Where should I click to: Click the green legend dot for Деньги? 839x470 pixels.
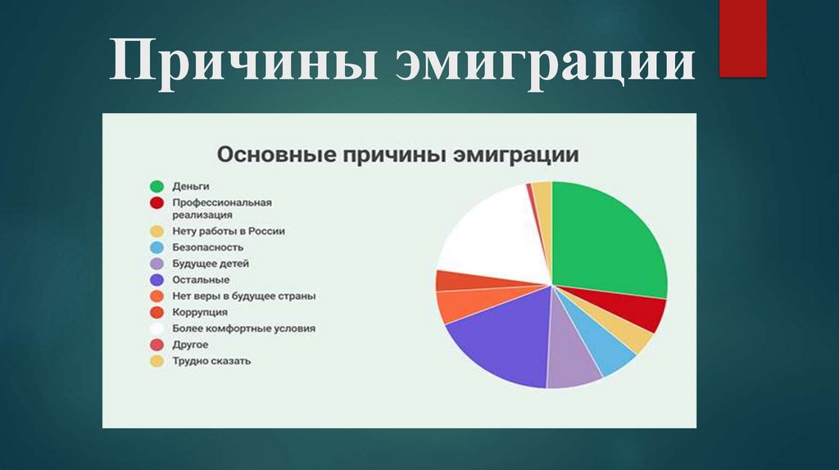156,188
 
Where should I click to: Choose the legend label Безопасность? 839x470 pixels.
207,246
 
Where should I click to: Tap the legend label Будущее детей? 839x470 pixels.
210,264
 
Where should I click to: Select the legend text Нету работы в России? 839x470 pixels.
228,231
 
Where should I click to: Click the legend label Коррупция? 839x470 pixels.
199,312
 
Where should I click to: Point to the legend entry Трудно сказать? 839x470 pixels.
211,360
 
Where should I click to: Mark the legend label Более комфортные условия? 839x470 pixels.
243,328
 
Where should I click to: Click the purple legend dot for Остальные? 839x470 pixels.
156,280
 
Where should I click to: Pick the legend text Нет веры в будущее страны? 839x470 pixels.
243,296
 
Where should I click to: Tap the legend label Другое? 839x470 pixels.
190,345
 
